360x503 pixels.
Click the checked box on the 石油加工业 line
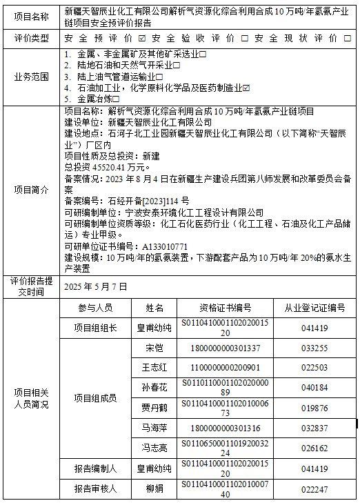tap(246, 88)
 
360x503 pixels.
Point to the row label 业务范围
tap(31, 77)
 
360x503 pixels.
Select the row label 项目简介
tap(31, 188)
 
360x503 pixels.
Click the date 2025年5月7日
tap(96, 286)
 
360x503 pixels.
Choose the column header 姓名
tap(155, 308)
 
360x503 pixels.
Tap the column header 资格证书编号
tap(226, 308)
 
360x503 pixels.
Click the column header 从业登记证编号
tap(314, 308)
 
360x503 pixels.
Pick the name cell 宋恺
tap(155, 348)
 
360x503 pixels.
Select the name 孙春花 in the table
tap(155, 387)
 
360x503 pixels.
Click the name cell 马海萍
tap(155, 428)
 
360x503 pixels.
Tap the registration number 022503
tap(314, 367)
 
